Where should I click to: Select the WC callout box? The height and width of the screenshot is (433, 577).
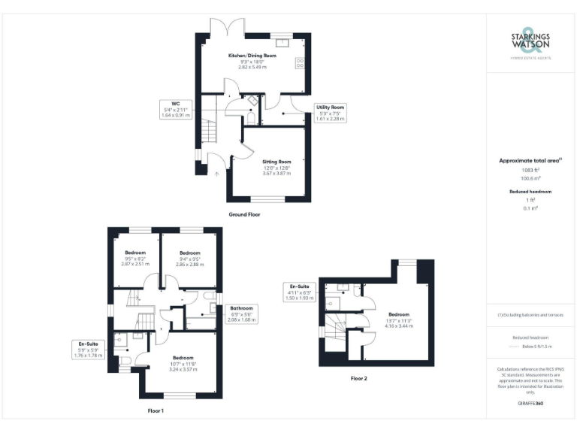176,109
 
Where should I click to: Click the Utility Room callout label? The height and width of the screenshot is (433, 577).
330,113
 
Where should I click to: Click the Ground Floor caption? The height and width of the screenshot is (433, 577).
245,214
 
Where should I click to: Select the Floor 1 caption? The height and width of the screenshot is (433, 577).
156,411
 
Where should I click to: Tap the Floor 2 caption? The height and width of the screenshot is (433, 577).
359,379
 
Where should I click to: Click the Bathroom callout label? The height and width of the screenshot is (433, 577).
242,313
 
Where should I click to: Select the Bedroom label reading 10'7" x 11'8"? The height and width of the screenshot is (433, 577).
183,363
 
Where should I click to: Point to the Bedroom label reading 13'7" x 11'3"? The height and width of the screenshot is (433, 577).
398,319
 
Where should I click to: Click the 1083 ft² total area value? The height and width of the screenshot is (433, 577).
530,171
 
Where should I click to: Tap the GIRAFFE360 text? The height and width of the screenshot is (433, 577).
530,404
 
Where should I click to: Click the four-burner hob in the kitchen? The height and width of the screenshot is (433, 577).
301,63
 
